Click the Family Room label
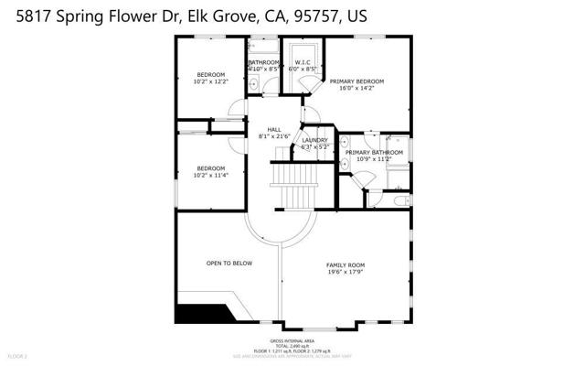coord(345,264)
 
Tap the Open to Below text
coord(229,263)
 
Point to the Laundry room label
coord(315,139)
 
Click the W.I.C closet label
coord(303,62)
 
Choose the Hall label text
coord(274,129)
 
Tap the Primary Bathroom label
coord(374,152)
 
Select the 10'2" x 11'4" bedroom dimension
coord(211,176)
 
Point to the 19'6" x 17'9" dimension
coord(345,273)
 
